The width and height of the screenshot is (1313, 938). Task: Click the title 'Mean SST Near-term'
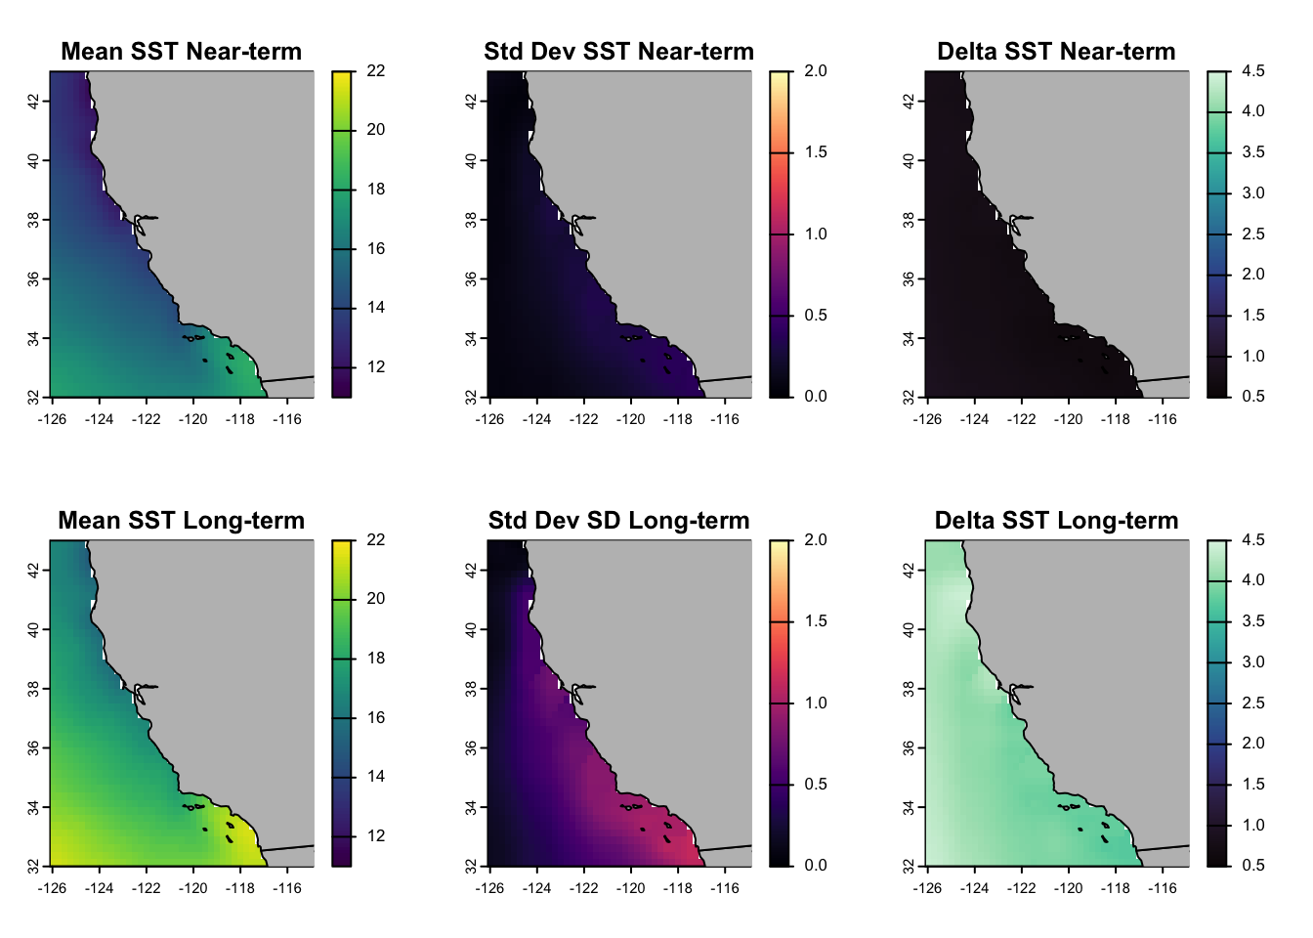[181, 52]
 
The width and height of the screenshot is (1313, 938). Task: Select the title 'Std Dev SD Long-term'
[618, 521]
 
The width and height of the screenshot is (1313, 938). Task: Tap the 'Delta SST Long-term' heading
[1056, 521]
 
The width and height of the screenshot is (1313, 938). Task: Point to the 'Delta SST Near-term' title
[1056, 52]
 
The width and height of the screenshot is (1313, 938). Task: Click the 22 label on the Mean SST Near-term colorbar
[376, 71]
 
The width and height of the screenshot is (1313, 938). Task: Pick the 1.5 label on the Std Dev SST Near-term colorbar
[815, 152]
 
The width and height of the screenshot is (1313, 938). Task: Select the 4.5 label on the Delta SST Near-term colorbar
[1252, 71]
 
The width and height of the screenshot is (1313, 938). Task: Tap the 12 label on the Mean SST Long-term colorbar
[376, 836]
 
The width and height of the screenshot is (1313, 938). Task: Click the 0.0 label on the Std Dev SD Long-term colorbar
[815, 866]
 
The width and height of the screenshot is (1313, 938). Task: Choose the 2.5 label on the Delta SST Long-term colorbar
[1252, 703]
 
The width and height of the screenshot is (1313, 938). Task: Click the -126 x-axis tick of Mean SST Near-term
[51, 420]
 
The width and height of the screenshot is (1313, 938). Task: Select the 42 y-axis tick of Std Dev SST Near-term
[472, 101]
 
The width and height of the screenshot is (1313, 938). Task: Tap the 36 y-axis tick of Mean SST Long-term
[34, 747]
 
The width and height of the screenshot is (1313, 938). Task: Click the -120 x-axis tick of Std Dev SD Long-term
[630, 889]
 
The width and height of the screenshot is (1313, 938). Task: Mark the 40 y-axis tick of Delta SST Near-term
[910, 160]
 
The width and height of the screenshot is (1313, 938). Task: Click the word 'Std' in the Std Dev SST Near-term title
[504, 52]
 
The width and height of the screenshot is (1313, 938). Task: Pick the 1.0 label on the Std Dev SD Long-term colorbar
[815, 703]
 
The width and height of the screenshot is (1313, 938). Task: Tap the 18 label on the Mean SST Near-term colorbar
[376, 190]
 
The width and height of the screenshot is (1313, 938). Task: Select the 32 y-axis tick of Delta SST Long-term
[910, 867]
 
